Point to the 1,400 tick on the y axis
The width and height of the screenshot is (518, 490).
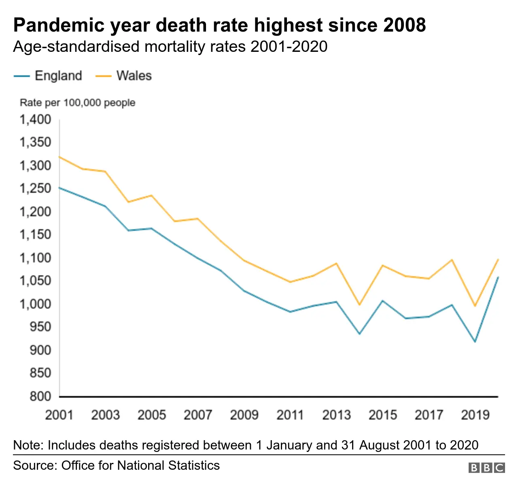pos(36,119)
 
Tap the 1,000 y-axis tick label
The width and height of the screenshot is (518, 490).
pos(36,304)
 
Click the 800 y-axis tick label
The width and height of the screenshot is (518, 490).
pos(40,396)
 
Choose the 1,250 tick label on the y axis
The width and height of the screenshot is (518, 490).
pos(36,189)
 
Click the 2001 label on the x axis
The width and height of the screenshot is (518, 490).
pos(59,415)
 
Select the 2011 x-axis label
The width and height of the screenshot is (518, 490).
pos(290,415)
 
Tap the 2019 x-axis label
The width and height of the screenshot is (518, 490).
pos(475,415)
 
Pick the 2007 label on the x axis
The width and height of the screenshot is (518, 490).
pos(198,415)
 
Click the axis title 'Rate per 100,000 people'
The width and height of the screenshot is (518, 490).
pos(77,102)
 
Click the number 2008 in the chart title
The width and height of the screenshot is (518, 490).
pos(404,25)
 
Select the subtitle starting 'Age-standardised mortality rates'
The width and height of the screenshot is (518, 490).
pos(170,47)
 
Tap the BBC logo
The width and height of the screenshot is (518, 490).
pos(486,468)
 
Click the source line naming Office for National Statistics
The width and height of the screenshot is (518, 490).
pos(117,465)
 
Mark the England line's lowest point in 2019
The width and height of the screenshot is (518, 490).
pos(475,342)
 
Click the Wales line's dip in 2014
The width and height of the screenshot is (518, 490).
pos(359,305)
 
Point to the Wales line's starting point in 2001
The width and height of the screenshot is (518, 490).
pos(59,156)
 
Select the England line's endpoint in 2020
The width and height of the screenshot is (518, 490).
pos(498,277)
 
